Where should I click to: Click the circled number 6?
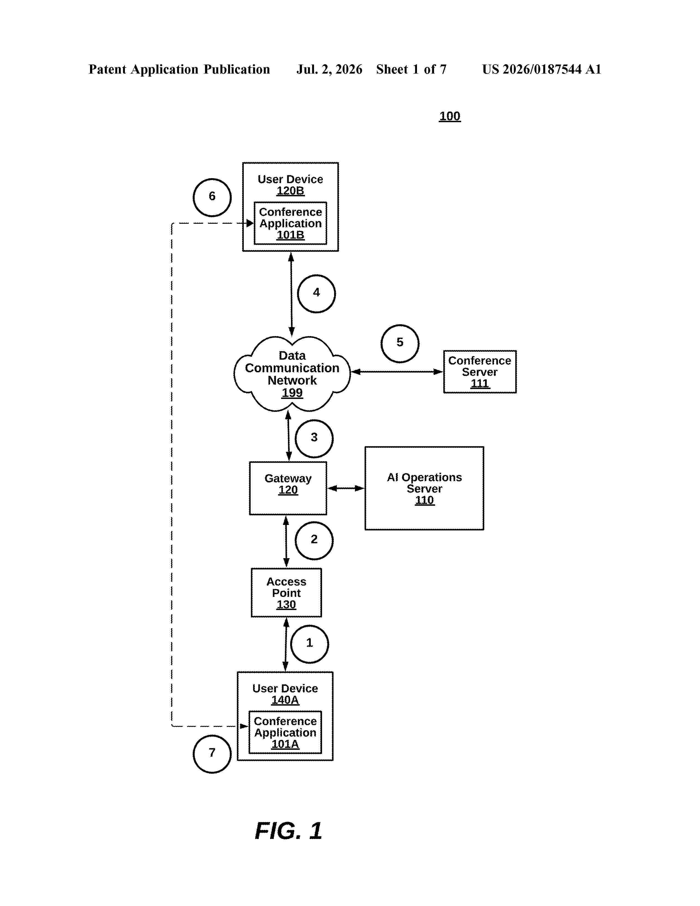tap(212, 197)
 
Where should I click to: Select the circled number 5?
tap(400, 343)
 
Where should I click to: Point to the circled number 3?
tap(314, 438)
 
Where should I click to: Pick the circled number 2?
tap(314, 541)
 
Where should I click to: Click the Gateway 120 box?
tap(288, 488)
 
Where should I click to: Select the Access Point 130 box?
tap(286, 592)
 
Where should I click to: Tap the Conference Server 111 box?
tap(480, 372)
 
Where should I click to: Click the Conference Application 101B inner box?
tap(290, 223)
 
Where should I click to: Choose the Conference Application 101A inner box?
tap(285, 732)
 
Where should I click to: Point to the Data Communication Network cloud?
tap(292, 374)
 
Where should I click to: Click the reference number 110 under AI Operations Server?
tap(424, 500)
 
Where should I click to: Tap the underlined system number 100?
tap(450, 116)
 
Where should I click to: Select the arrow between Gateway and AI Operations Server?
tap(346, 488)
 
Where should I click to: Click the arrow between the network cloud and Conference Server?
tap(397, 372)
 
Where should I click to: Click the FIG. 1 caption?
tap(289, 831)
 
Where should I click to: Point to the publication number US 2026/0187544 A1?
tap(542, 69)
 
